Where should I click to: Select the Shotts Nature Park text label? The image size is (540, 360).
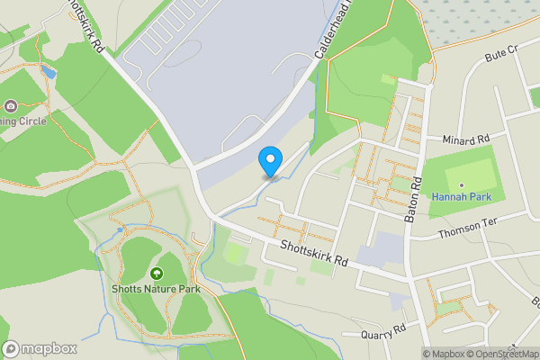(157, 289)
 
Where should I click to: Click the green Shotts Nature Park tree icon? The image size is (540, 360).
(157, 273)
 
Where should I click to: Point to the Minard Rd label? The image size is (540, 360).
(465, 139)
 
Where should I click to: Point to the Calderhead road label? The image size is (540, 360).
(332, 31)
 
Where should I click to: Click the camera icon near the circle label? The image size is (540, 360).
(11, 106)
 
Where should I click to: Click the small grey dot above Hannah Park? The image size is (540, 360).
(461, 185)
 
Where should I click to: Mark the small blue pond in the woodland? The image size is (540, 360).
(48, 71)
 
